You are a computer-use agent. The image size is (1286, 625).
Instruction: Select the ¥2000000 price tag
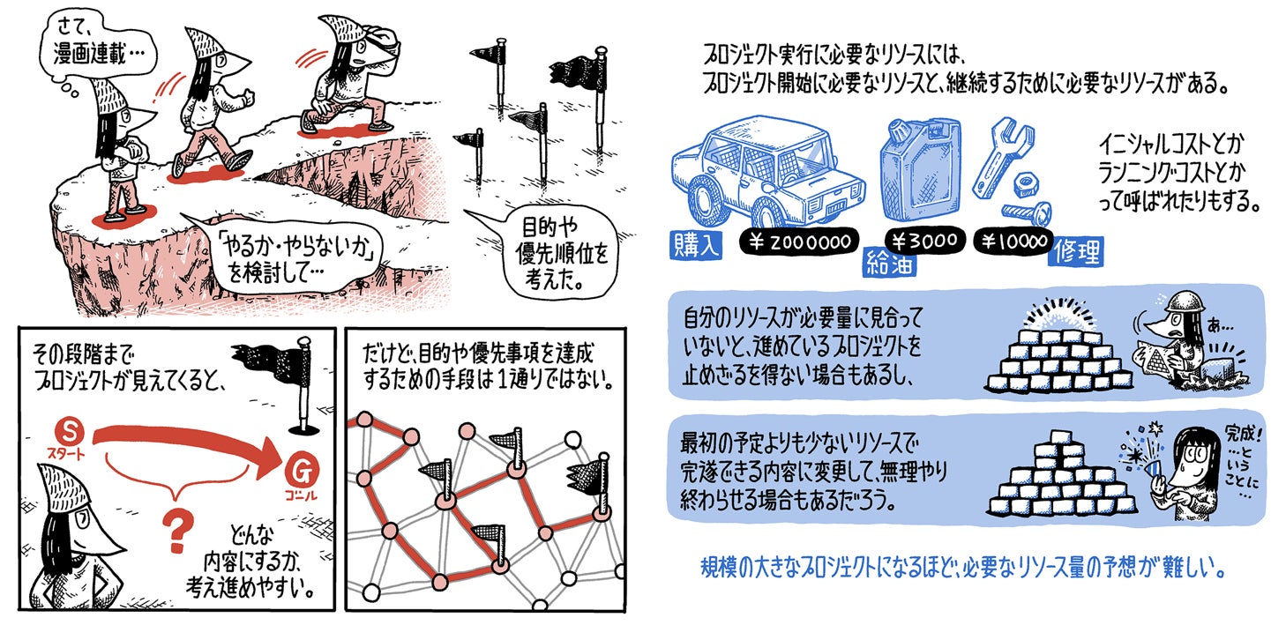795,242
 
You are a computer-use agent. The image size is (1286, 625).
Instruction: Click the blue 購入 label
695,245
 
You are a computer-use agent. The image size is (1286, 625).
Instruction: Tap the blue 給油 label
889,262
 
